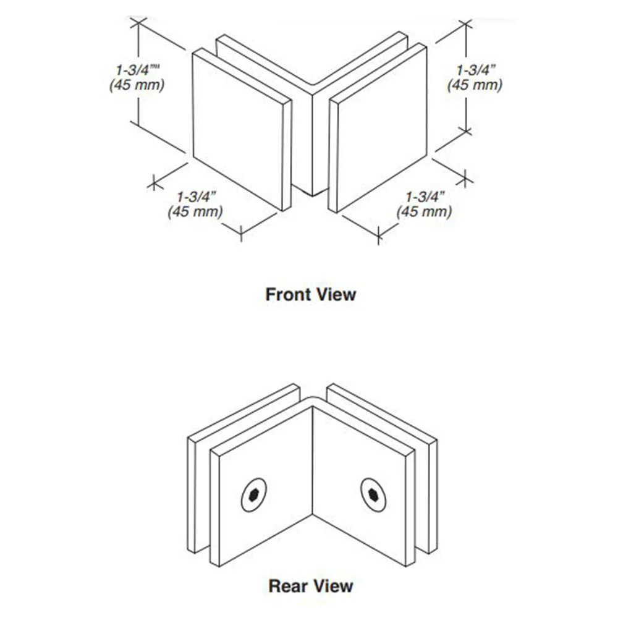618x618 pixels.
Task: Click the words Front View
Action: click(311, 294)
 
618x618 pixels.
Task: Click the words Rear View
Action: click(311, 586)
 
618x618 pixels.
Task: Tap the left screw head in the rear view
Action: click(253, 495)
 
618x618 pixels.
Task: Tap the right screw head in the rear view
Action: click(373, 495)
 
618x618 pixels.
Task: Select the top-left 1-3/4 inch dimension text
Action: click(137, 70)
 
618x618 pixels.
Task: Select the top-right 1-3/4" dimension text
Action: click(475, 70)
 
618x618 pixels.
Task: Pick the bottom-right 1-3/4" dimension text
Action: click(425, 197)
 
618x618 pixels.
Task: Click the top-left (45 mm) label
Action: click(137, 85)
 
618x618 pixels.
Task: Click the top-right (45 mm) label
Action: click(475, 85)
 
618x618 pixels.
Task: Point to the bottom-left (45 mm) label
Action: click(195, 211)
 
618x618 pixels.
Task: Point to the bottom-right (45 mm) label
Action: click(424, 211)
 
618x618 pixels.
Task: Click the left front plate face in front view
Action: click(238, 129)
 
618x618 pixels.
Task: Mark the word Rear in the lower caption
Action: click(288, 586)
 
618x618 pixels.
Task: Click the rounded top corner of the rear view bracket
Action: click(313, 397)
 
